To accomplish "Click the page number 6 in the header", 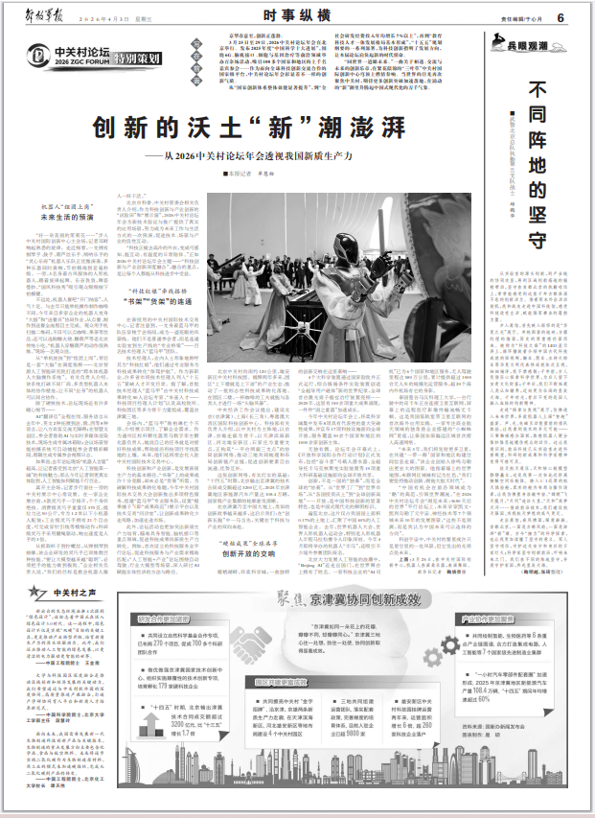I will [x=584, y=16].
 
